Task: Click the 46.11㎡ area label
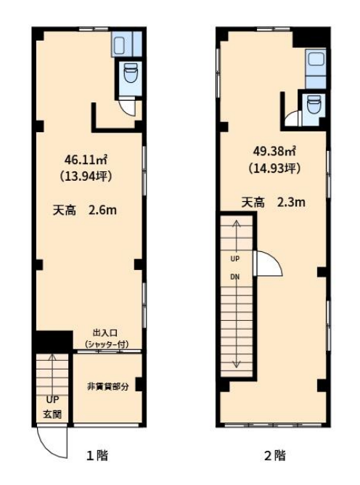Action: point(86,160)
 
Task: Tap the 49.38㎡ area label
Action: point(274,151)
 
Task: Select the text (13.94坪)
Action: point(86,176)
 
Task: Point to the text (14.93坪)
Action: point(274,168)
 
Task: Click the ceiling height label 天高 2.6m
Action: point(85,211)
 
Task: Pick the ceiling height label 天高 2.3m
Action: point(274,203)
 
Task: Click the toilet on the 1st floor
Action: point(131,73)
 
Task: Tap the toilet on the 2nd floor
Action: point(314,104)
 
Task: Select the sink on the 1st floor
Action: point(119,44)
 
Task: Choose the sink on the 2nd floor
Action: point(316,59)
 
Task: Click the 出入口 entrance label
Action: point(105,333)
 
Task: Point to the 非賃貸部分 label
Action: point(108,387)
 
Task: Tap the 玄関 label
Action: point(52,414)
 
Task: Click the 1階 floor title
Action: point(97,456)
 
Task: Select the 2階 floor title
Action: point(275,456)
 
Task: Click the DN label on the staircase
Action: point(235,277)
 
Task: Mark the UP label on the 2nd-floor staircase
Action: point(235,258)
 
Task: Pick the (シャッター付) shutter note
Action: point(107,344)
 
